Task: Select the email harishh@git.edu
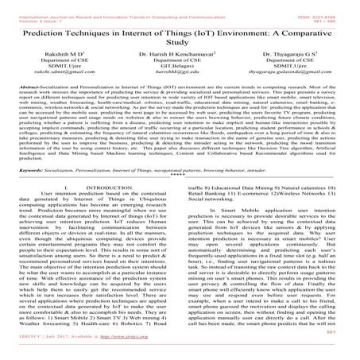tap(177, 93)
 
